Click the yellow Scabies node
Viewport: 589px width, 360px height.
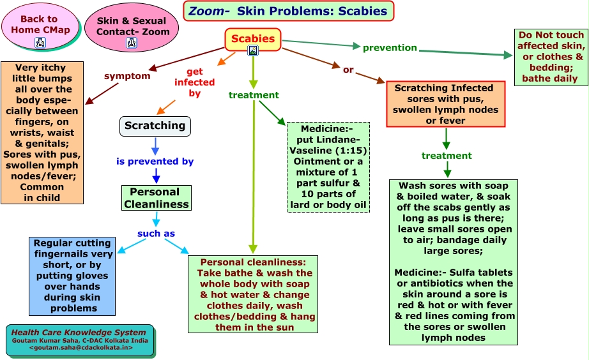point(253,39)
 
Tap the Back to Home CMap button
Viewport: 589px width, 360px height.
point(40,26)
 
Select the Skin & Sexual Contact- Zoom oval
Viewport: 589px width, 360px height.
point(132,27)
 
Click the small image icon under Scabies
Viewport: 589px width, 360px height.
point(253,50)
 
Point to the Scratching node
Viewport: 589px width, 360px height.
point(155,126)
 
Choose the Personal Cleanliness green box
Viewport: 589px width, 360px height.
point(157,198)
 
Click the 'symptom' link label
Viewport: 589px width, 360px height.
point(127,76)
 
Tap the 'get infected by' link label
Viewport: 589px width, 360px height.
point(195,82)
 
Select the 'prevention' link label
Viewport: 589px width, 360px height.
point(390,48)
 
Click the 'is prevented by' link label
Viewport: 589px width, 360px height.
point(155,161)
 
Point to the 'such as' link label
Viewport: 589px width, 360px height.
point(156,234)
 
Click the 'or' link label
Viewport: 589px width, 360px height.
point(348,70)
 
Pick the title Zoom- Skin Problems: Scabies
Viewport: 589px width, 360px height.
point(289,11)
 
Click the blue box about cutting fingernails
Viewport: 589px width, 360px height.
point(72,276)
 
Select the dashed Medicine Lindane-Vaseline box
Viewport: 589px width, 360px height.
point(328,167)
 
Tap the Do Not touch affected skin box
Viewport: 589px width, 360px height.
point(551,57)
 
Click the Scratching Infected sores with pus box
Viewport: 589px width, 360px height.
point(446,104)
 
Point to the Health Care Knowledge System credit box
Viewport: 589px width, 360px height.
point(80,340)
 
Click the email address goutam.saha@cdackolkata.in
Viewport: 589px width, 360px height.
point(80,348)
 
